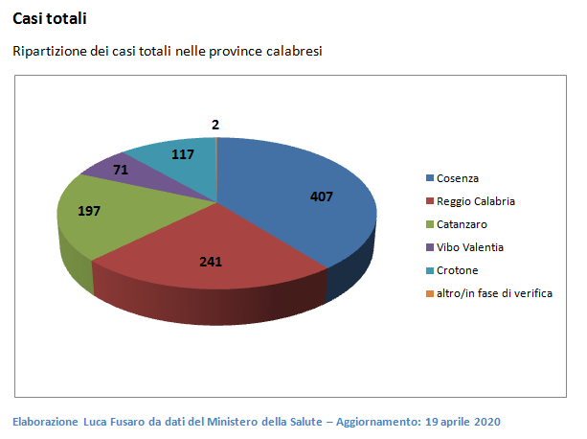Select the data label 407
point(322,196)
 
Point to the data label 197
point(89,211)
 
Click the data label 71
point(94,170)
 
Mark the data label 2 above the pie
point(215,125)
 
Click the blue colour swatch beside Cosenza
point(430,179)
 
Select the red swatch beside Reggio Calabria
point(430,202)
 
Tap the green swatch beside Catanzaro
point(430,224)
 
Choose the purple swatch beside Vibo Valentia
point(430,247)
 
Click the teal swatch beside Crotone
point(430,270)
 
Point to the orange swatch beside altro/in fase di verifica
point(430,293)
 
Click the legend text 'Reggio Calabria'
point(476,201)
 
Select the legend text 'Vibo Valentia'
point(470,247)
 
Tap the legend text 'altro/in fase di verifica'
point(494,293)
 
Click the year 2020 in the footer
point(486,422)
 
